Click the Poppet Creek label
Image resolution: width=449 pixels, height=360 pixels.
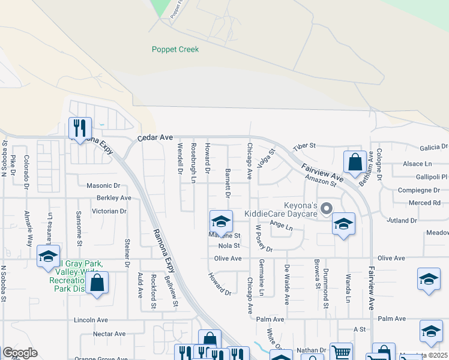(175, 49)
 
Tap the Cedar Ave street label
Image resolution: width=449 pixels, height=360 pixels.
(155, 138)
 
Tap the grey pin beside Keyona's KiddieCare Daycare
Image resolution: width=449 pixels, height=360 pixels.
(327, 209)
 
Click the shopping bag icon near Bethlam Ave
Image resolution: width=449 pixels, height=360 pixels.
(355, 161)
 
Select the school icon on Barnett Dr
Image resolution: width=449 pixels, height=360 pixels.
(221, 221)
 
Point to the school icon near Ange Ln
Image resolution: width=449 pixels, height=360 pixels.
(343, 224)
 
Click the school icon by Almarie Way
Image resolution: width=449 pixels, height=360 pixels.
(48, 256)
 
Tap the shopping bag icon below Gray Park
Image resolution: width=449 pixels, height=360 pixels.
(97, 282)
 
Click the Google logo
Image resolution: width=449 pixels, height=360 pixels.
(20, 353)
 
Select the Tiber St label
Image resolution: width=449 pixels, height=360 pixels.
(304, 146)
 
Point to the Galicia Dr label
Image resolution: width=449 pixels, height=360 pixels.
(434, 146)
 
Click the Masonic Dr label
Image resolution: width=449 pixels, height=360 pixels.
(103, 186)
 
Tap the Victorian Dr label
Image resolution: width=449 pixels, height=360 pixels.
(109, 211)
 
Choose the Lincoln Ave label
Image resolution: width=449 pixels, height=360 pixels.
(89, 320)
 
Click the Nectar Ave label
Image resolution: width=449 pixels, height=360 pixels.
(109, 334)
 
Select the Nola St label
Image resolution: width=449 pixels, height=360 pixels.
(229, 245)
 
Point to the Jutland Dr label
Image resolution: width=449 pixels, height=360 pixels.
(402, 221)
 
